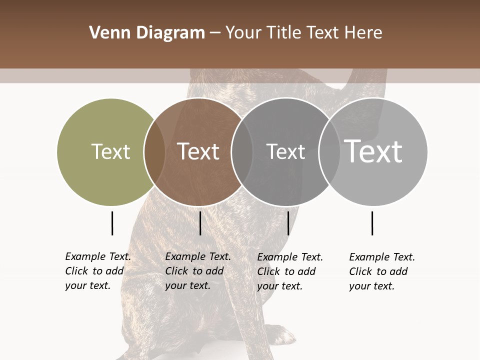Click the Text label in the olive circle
pyautogui.click(x=110, y=152)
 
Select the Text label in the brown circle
pyautogui.click(x=198, y=152)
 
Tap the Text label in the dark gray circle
pyautogui.click(x=285, y=152)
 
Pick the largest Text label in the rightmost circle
pyautogui.click(x=373, y=151)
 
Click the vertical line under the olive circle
pyautogui.click(x=112, y=223)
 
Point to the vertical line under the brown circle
pyautogui.click(x=200, y=223)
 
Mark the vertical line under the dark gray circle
pyautogui.click(x=288, y=223)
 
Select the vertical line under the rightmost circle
pyautogui.click(x=372, y=223)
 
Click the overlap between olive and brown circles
pyautogui.click(x=154, y=152)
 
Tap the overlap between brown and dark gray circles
pyautogui.click(x=242, y=152)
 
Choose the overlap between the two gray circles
pyautogui.click(x=329, y=152)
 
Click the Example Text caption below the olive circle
pyautogui.click(x=98, y=271)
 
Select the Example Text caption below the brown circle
pyautogui.click(x=198, y=271)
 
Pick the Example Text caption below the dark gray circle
pyautogui.click(x=290, y=271)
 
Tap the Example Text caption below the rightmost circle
pyautogui.click(x=382, y=271)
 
